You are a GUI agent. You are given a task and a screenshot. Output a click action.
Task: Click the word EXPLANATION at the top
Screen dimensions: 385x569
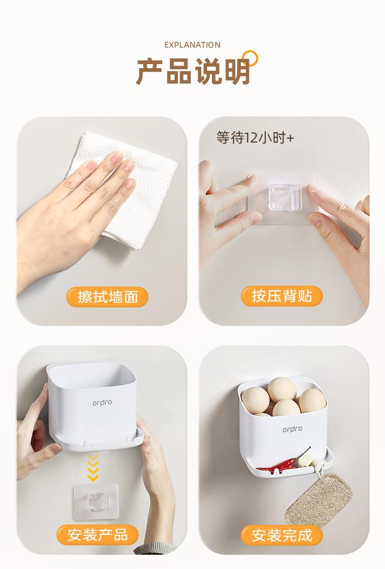point(192,45)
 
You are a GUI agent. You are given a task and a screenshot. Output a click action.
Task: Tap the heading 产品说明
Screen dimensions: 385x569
point(192,71)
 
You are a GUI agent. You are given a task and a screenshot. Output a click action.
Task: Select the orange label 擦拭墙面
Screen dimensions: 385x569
point(108,296)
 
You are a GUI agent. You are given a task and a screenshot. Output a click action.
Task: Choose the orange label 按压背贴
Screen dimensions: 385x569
point(282,296)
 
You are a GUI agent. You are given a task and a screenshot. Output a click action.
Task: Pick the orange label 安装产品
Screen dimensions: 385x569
point(98,535)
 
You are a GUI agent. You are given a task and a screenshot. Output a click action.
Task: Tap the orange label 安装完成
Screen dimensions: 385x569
point(282,535)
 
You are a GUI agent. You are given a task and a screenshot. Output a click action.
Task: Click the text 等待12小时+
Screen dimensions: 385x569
point(255,137)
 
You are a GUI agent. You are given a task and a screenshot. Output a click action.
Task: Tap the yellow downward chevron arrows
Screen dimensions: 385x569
point(93,467)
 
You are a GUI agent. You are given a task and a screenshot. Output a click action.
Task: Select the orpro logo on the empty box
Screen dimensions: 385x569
point(102,403)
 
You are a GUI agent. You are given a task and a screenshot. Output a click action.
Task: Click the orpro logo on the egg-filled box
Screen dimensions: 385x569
point(292,429)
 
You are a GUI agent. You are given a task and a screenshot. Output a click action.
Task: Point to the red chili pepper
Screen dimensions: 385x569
point(283,462)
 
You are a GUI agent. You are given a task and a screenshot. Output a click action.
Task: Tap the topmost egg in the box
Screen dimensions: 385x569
point(282,389)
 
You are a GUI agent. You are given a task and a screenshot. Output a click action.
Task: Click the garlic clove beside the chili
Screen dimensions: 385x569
point(304,460)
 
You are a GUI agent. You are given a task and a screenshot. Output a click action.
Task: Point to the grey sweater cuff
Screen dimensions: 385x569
point(152,548)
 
